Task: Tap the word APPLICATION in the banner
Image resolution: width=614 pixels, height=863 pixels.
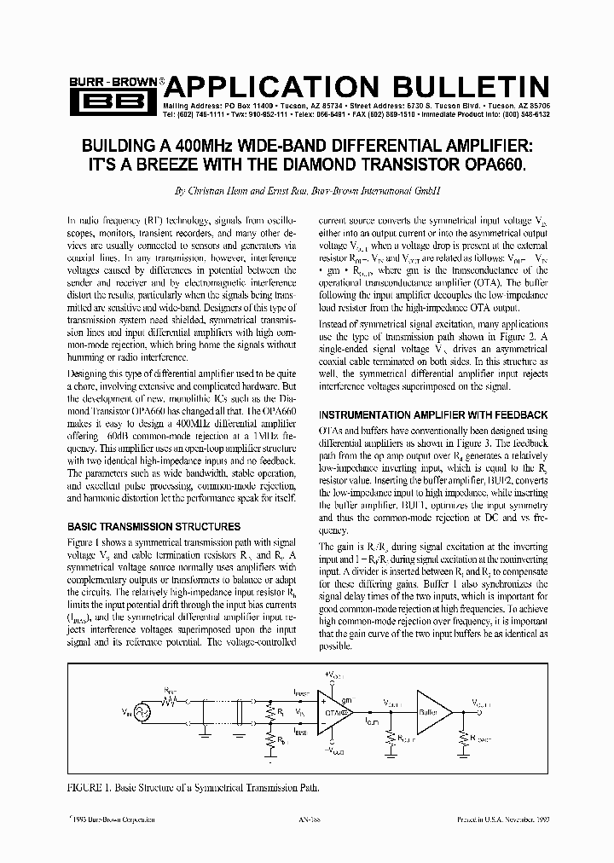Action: (271, 86)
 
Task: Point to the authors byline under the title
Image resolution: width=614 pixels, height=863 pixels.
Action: (306, 193)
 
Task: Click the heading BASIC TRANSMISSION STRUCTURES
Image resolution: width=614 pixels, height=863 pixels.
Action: (153, 526)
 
